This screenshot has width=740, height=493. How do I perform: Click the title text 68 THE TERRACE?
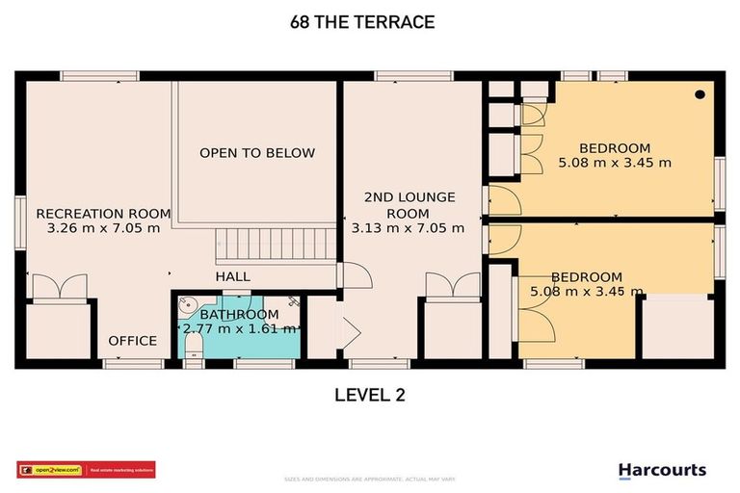tap(369, 22)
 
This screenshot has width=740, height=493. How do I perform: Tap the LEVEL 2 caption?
tap(370, 394)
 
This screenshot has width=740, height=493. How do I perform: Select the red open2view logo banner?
tap(86, 470)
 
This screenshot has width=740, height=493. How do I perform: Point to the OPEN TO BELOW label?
tap(257, 153)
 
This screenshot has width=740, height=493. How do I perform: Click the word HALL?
tap(232, 276)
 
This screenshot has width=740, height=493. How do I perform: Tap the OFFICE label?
tap(132, 341)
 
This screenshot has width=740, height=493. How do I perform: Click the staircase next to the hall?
tap(275, 245)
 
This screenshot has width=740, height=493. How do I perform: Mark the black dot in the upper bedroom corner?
tap(700, 94)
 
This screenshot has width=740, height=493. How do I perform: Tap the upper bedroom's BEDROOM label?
tap(615, 147)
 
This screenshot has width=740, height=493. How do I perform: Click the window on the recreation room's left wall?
tap(18, 222)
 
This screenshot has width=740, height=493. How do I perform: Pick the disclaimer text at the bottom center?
tap(369, 479)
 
